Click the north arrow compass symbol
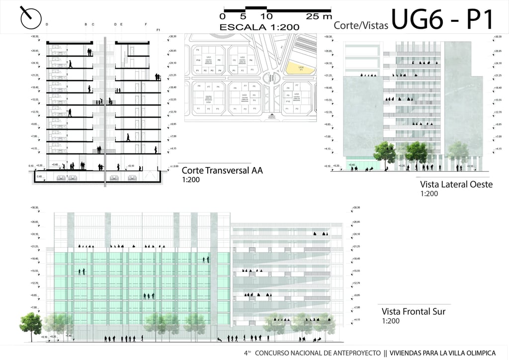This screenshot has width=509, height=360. coord(30,18)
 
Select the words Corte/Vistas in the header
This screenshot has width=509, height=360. coord(361,25)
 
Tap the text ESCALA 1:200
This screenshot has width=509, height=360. coord(259,26)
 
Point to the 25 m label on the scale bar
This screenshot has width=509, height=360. coord(319,16)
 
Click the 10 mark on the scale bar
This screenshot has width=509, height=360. coord(266,16)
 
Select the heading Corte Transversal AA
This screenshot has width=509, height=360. coord(222,171)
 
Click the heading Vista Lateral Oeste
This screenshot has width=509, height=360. coord(456,184)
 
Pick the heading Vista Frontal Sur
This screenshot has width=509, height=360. coord(414,312)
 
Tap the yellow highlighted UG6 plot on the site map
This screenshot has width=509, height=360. coord(301,69)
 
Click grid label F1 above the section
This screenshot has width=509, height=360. coord(158,30)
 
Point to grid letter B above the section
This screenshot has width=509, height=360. coord(86,24)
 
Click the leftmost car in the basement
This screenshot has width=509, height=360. coord(62,177)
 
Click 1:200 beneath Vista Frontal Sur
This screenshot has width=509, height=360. coord(391,321)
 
